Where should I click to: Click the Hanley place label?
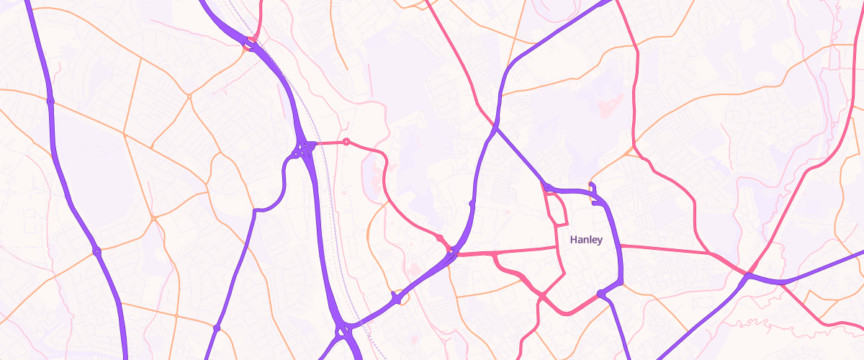585,240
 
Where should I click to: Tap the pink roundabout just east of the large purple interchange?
346,142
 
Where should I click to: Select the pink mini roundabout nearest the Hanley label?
439,237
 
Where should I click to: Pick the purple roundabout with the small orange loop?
396,297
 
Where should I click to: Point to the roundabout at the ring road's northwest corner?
548,188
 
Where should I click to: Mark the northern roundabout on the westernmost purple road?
50,102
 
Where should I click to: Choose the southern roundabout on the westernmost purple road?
96,251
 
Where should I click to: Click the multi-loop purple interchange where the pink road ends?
303,149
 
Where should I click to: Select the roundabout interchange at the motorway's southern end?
343,332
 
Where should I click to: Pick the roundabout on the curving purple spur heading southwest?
216,328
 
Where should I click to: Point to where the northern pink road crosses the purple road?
495,127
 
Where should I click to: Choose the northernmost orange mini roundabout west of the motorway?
189,96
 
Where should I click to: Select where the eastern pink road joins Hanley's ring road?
620,246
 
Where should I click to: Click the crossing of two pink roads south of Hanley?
541,294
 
